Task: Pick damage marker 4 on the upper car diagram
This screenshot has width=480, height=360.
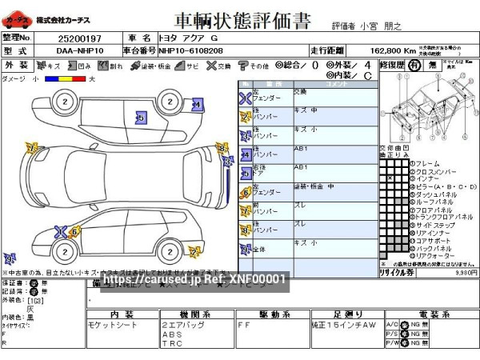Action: [x=197, y=105]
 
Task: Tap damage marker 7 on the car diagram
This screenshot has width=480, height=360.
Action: [x=32, y=148]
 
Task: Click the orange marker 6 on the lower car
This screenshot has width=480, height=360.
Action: [x=74, y=232]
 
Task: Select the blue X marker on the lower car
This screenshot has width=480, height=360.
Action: [x=61, y=232]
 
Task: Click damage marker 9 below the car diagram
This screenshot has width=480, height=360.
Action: [x=10, y=259]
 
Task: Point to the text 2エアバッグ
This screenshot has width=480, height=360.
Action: [x=180, y=326]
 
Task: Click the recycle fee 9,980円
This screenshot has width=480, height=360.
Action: [x=465, y=272]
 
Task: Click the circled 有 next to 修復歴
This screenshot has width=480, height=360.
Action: [x=414, y=65]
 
